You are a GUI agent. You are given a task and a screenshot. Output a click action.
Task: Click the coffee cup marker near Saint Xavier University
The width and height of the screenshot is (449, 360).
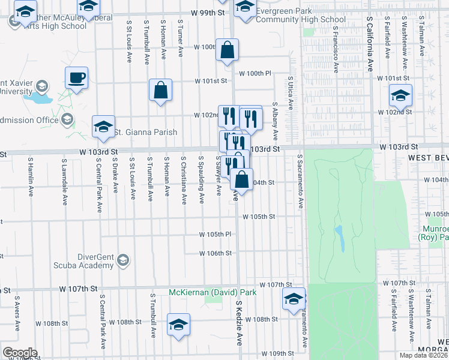(x=77, y=78)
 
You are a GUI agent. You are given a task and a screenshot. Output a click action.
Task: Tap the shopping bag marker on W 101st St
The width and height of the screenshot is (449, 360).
(x=161, y=91)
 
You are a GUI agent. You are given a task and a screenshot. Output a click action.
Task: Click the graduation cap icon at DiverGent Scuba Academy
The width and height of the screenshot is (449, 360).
(x=123, y=259)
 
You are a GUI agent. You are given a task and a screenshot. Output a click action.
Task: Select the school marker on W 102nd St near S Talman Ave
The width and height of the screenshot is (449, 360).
(x=400, y=95)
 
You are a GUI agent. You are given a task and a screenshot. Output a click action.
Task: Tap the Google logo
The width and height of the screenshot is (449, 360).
(x=20, y=353)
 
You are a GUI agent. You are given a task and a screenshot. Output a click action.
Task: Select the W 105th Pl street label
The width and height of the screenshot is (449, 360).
(x=215, y=234)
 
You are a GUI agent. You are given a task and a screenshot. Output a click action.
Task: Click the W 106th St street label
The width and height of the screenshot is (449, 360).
(x=215, y=253)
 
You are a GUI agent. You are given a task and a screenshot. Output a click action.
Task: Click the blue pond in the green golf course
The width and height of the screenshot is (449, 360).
(x=339, y=238)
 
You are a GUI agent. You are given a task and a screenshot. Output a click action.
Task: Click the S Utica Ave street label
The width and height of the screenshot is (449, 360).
(x=290, y=92)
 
